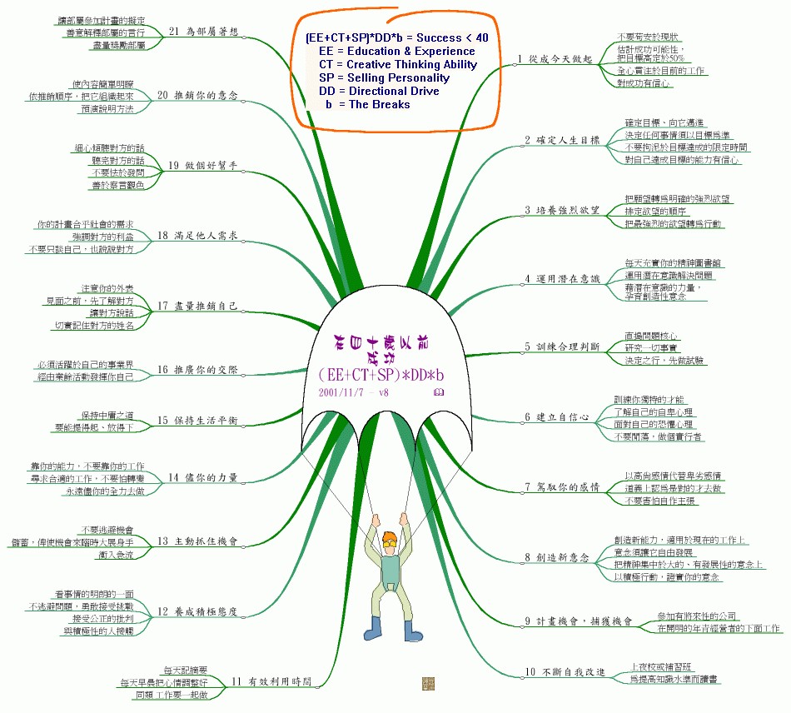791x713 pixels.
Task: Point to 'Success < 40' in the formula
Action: coord(452,37)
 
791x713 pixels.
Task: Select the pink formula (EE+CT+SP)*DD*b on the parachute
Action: coord(382,374)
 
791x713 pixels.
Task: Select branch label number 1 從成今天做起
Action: coord(554,59)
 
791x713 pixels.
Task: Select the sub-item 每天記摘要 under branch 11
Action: coord(185,670)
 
